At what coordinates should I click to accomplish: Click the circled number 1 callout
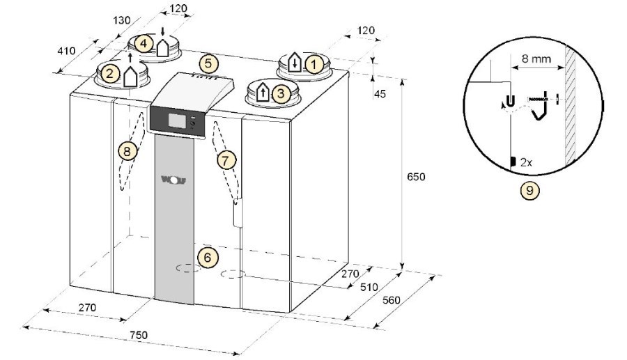click(x=314, y=64)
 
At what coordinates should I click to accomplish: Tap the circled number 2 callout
click(x=110, y=74)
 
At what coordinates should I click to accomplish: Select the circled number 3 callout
click(x=281, y=93)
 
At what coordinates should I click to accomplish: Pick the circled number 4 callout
click(x=144, y=43)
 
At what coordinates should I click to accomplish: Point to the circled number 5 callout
click(x=209, y=63)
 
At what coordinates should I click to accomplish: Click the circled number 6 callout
click(x=207, y=258)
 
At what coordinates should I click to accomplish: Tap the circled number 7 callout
click(x=226, y=161)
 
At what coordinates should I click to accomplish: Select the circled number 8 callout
click(x=127, y=151)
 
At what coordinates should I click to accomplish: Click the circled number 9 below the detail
click(x=529, y=191)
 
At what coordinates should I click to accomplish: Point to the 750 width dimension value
click(x=139, y=334)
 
